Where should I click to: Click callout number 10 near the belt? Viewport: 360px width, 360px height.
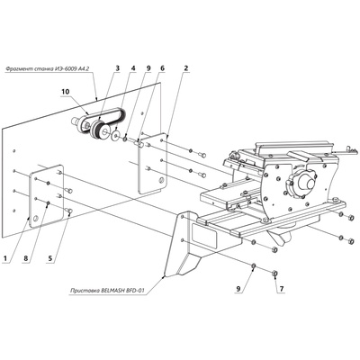click(x=66, y=92)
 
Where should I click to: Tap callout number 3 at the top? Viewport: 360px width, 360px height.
click(x=117, y=68)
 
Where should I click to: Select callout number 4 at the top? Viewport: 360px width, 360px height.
click(x=132, y=68)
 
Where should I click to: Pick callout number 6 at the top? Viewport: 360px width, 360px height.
click(x=162, y=68)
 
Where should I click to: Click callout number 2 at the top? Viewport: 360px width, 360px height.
click(x=186, y=68)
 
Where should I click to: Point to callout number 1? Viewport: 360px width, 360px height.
click(x=5, y=258)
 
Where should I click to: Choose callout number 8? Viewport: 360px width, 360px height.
click(x=25, y=258)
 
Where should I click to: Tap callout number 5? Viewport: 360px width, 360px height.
click(x=50, y=258)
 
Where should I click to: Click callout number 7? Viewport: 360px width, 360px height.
click(x=282, y=289)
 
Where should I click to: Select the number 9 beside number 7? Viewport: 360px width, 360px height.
click(x=238, y=289)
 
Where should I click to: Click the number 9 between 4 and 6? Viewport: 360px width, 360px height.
click(x=148, y=68)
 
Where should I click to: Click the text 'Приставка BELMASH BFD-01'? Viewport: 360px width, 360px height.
click(x=107, y=291)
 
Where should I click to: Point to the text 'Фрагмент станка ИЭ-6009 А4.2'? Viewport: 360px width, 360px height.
click(x=48, y=69)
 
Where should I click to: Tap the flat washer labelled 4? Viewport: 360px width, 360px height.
click(x=115, y=136)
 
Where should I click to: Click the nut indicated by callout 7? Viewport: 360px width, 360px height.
click(x=274, y=273)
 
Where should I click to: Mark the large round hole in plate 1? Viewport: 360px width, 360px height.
click(x=36, y=218)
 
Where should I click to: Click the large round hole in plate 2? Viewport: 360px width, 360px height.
click(x=162, y=179)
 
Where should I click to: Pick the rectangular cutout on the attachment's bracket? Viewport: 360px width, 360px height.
click(x=204, y=233)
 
